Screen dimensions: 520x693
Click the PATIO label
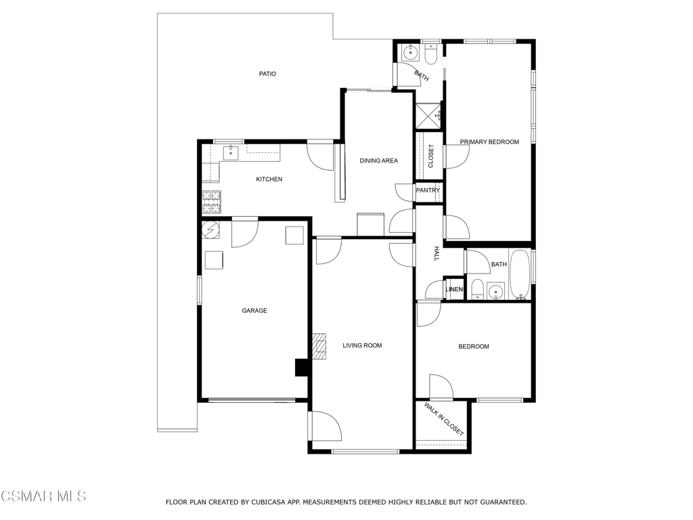(267, 74)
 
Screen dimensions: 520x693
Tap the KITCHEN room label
(269, 179)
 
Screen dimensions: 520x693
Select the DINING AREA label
(378, 161)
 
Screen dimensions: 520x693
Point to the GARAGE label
(254, 311)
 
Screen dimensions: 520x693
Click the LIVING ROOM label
(362, 346)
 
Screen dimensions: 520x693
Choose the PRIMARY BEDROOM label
(489, 142)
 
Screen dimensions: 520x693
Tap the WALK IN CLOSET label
(443, 419)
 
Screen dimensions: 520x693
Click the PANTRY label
(428, 191)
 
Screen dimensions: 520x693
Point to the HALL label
(437, 254)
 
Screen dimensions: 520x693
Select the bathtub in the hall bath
(520, 275)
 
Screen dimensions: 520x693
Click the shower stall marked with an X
(428, 116)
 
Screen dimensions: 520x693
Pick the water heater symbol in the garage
(210, 229)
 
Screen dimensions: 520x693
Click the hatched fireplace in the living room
(319, 346)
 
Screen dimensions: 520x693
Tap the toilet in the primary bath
(431, 54)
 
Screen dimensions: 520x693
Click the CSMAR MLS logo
(43, 497)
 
